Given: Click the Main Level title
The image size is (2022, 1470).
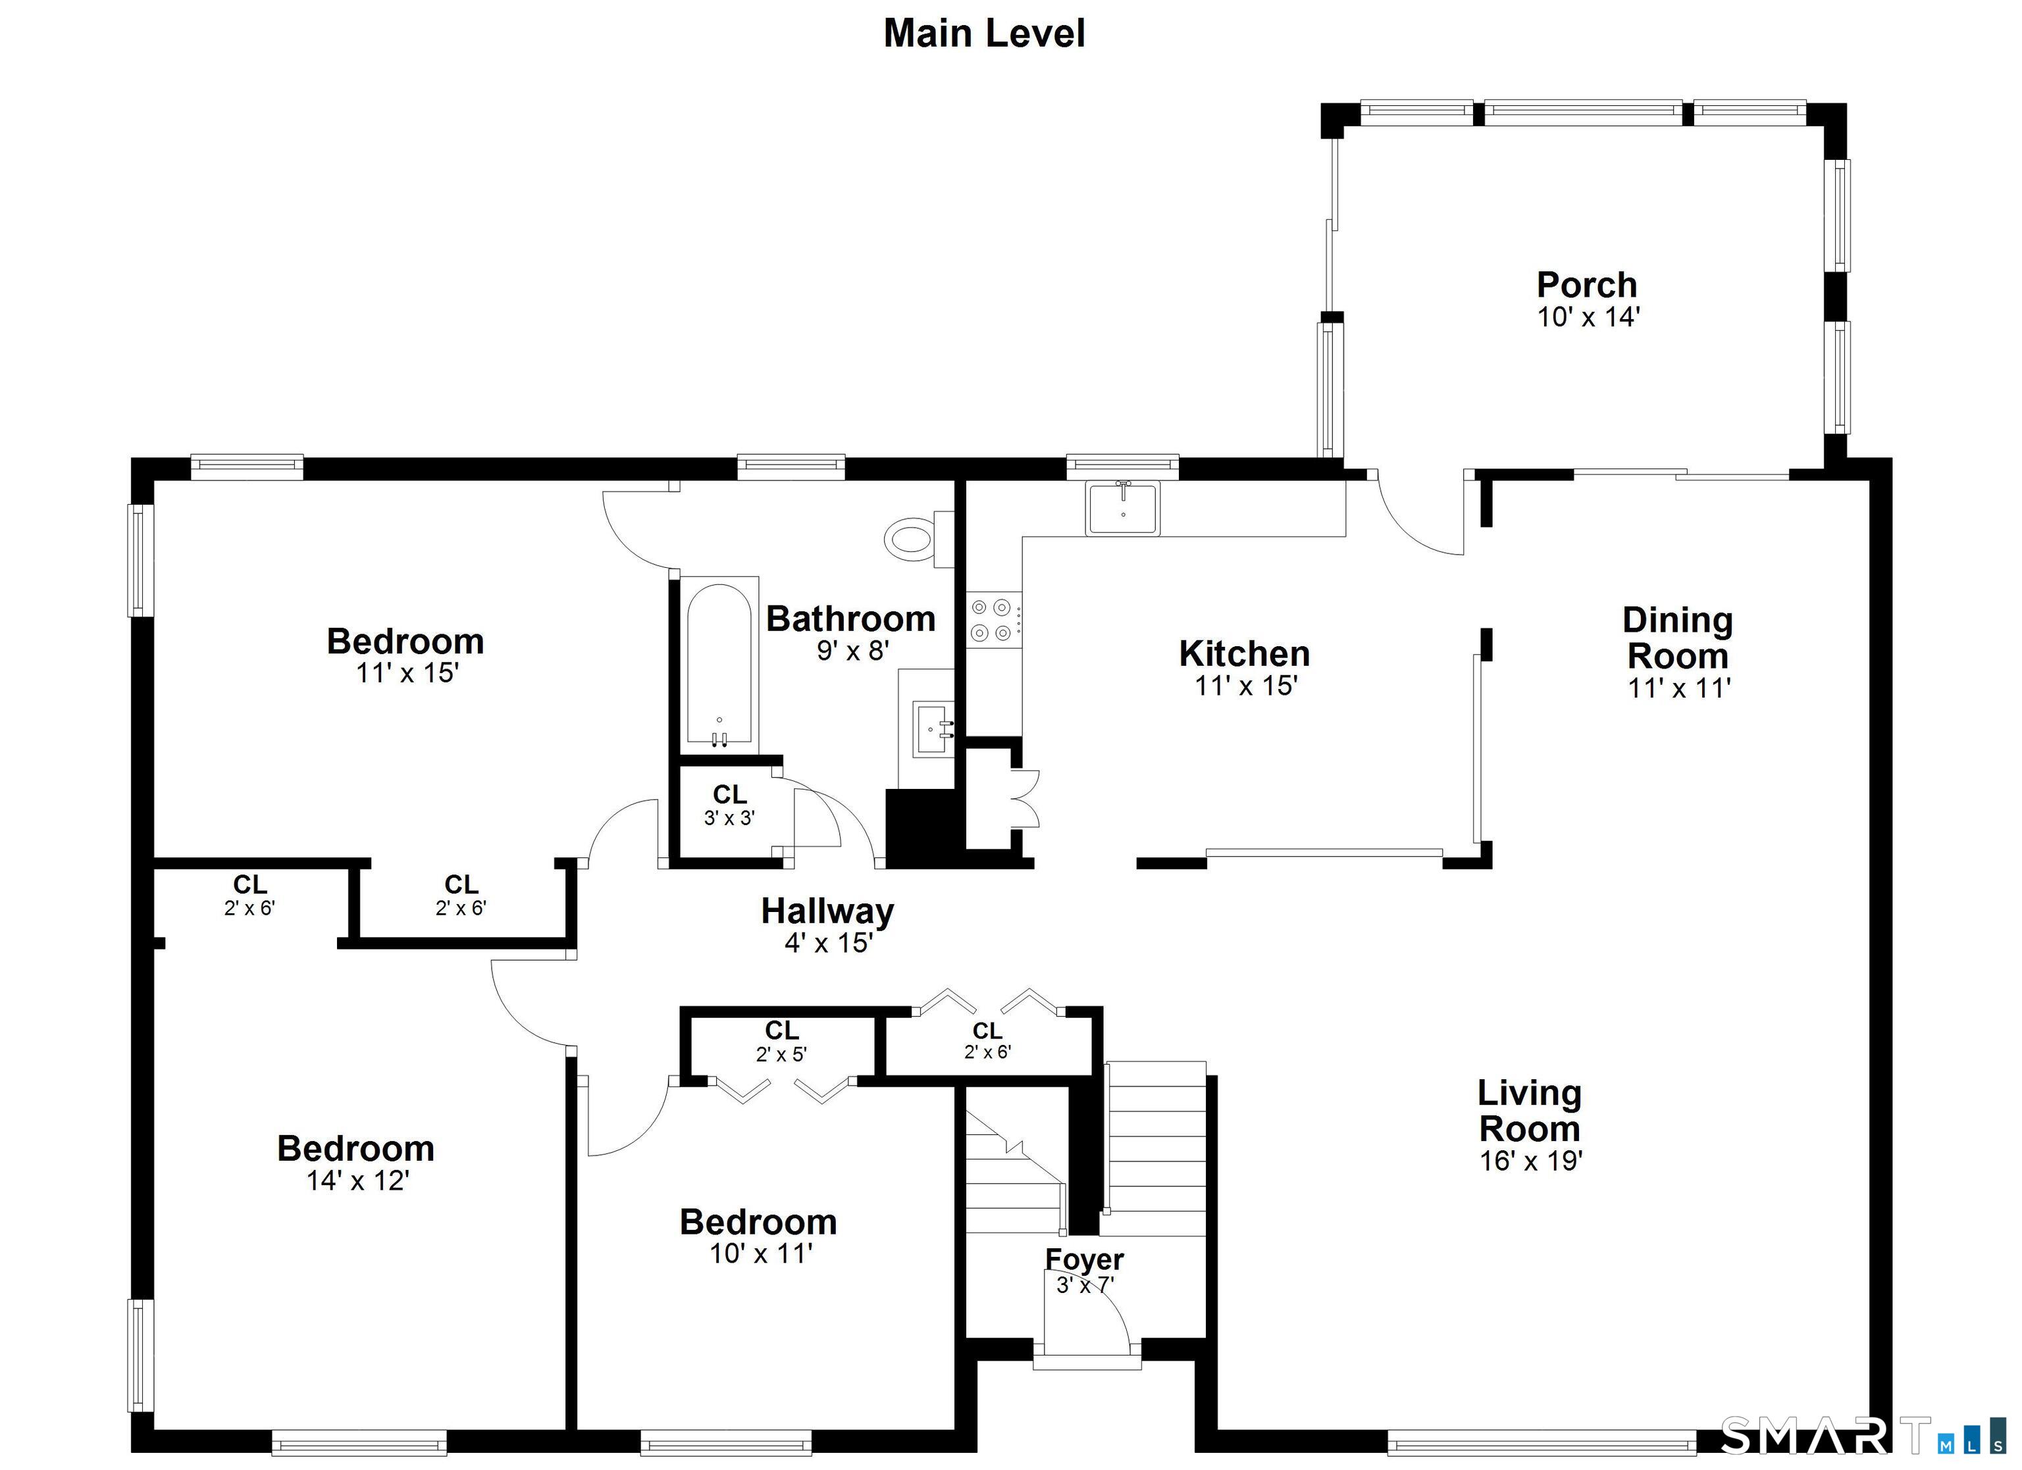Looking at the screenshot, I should coord(983,34).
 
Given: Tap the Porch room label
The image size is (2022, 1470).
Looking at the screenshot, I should coord(1587,286).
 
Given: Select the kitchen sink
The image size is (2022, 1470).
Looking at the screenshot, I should coord(1122,508).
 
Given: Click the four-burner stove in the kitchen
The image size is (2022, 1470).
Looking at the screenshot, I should coord(993,620).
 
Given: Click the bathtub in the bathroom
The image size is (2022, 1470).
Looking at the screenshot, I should coord(719,664).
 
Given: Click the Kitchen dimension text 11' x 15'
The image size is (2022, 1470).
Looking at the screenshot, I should coord(1245,686).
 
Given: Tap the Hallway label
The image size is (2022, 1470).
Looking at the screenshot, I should coord(827,911).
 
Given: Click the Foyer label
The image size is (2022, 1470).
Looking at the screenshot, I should coord(1084,1259).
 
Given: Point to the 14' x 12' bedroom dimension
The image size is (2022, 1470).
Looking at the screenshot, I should coord(357,1180).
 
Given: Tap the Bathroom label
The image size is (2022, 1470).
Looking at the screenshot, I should coord(850,619).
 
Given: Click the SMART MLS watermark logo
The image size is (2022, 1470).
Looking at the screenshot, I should coord(1854,1435).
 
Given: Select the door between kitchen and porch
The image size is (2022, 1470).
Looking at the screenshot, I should coord(1418,517).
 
